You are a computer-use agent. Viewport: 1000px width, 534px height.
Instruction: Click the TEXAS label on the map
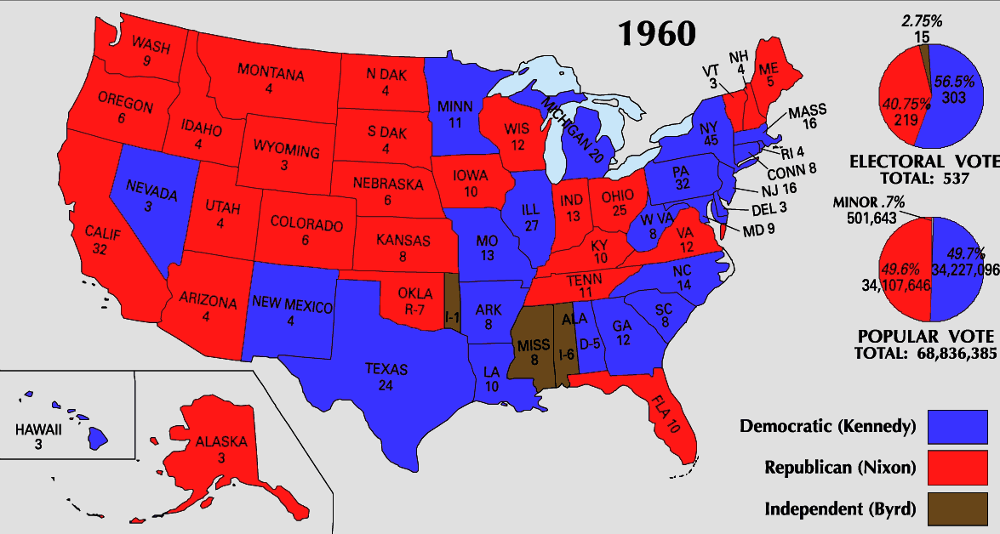386,370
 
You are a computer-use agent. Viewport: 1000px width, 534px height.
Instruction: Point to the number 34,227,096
965,269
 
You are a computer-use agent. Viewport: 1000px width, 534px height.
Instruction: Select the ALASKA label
220,441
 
